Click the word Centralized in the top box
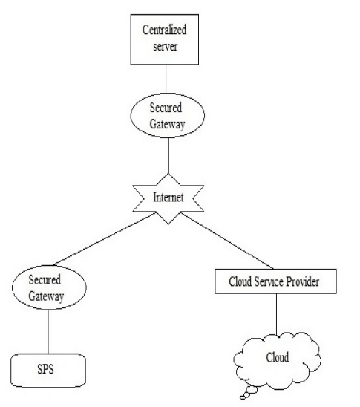click(x=165, y=30)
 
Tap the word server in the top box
click(x=166, y=47)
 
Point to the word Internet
click(x=168, y=198)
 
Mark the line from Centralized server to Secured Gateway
click(x=166, y=79)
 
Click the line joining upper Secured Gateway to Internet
click(x=168, y=155)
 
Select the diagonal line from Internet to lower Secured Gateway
click(x=105, y=239)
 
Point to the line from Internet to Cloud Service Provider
click(x=227, y=241)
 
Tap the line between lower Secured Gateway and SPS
click(x=48, y=332)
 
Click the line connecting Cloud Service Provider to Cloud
click(x=276, y=315)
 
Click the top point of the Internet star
click(x=168, y=173)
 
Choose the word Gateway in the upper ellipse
click(x=167, y=124)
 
